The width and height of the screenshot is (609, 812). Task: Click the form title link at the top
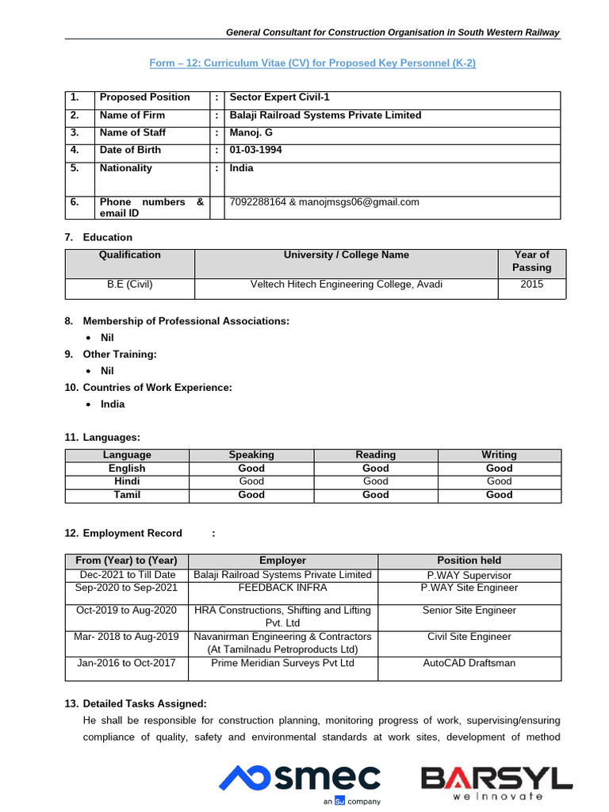312,63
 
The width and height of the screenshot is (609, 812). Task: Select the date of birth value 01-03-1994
255,150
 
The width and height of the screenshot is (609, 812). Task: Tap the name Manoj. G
251,132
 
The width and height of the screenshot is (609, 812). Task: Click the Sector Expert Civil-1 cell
279,98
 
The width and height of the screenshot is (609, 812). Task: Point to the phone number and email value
324,202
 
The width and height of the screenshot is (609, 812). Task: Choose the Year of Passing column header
531,261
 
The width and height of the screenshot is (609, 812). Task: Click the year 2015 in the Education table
531,285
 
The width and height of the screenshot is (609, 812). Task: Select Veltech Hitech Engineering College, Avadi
347,285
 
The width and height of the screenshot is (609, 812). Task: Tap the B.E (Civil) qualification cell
130,285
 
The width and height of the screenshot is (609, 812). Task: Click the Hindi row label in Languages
127,481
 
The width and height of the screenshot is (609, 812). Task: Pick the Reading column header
375,455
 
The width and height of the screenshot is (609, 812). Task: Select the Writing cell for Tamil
499,495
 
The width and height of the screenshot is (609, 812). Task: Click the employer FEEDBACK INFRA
282,588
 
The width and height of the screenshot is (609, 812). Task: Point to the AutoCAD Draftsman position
469,663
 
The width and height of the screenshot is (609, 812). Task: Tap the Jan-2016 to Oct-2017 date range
127,663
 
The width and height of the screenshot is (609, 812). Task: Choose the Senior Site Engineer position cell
469,611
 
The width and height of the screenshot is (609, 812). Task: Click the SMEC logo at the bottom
300,780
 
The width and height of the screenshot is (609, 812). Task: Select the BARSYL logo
496,782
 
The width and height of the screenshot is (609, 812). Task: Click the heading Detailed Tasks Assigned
144,703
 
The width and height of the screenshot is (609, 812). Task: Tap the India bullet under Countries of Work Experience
113,404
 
